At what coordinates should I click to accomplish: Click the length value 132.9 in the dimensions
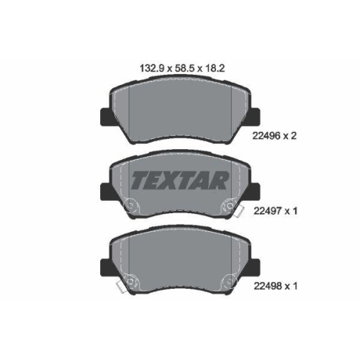click(152, 68)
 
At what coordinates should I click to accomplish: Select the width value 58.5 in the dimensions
click(184, 68)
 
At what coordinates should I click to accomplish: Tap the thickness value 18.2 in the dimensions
click(215, 68)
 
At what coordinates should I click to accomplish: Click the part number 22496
click(266, 136)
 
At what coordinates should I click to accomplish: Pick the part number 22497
click(267, 211)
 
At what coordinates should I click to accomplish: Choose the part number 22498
click(267, 286)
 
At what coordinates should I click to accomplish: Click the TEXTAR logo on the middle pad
click(179, 181)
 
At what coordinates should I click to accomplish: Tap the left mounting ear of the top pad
click(106, 117)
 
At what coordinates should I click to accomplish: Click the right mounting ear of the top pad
click(254, 117)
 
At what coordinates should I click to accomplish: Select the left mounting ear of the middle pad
click(106, 192)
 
